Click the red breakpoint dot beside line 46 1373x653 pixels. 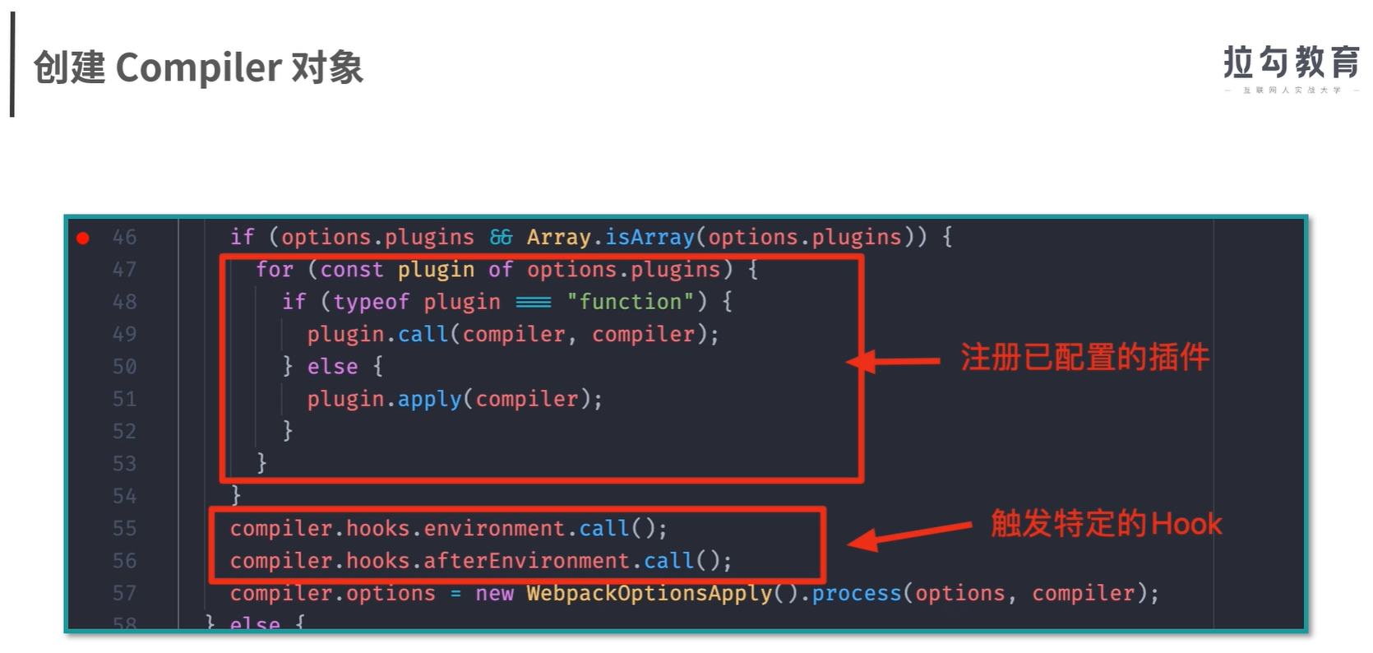[83, 239]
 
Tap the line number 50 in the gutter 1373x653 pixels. [124, 367]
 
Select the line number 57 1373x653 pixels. [124, 593]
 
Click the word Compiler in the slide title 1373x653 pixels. [199, 67]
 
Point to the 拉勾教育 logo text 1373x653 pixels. [1291, 63]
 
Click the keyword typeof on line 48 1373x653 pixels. [371, 302]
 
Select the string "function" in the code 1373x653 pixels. [631, 302]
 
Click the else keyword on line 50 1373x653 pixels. [332, 367]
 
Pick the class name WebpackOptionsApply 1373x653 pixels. [650, 593]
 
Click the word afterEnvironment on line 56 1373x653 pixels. [526, 561]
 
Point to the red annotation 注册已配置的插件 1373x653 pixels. [1084, 358]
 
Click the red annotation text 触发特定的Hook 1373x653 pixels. [1106, 523]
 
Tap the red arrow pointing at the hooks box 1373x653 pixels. [908, 535]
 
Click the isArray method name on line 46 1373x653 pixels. [650, 238]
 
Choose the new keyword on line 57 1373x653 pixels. [494, 593]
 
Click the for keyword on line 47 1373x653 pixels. [275, 270]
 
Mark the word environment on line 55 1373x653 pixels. [494, 528]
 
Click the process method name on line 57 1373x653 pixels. [857, 593]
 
